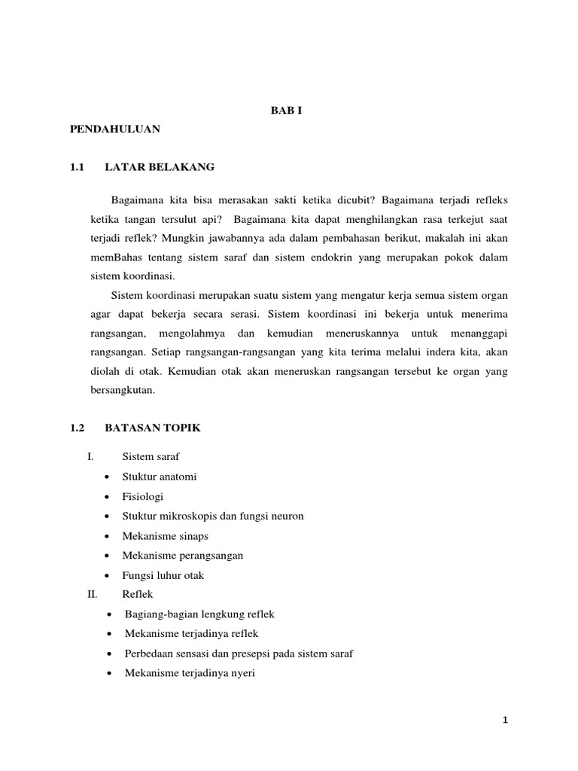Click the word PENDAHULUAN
click(115, 130)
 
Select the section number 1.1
click(75, 167)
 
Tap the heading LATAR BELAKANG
click(160, 167)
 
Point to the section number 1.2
click(75, 428)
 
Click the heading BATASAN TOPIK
click(153, 428)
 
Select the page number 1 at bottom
click(506, 721)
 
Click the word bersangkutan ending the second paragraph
click(122, 391)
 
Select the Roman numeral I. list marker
click(90, 457)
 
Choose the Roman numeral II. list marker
click(93, 594)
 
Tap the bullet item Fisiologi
click(142, 496)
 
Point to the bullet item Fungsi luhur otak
click(163, 575)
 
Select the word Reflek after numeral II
click(137, 594)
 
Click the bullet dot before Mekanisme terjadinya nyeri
click(111, 673)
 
